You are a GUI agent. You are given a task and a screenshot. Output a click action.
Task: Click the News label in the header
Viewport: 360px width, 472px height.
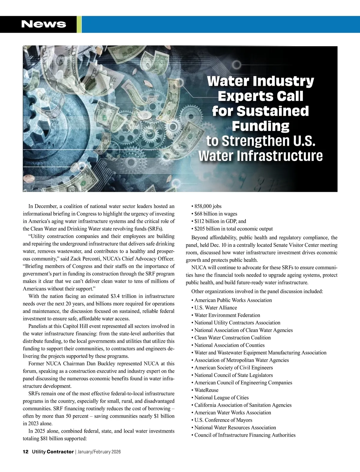pos(44,24)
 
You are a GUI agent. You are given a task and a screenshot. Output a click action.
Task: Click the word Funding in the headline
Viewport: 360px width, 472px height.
pos(260,126)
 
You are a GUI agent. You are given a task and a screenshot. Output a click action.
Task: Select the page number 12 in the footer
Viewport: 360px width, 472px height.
pos(25,452)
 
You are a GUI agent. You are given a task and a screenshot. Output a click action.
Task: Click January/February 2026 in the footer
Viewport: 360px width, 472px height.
pos(99,452)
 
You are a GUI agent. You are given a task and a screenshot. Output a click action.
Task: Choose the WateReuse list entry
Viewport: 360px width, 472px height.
pos(206,390)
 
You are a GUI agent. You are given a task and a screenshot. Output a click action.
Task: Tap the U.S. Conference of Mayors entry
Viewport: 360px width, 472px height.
pos(223,420)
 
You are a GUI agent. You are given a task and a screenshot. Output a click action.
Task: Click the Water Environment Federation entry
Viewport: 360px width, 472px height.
pos(227,315)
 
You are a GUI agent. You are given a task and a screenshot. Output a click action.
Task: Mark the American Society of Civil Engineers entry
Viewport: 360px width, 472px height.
pos(234,367)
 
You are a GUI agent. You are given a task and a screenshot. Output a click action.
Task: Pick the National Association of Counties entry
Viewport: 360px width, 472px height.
pos(229,345)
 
